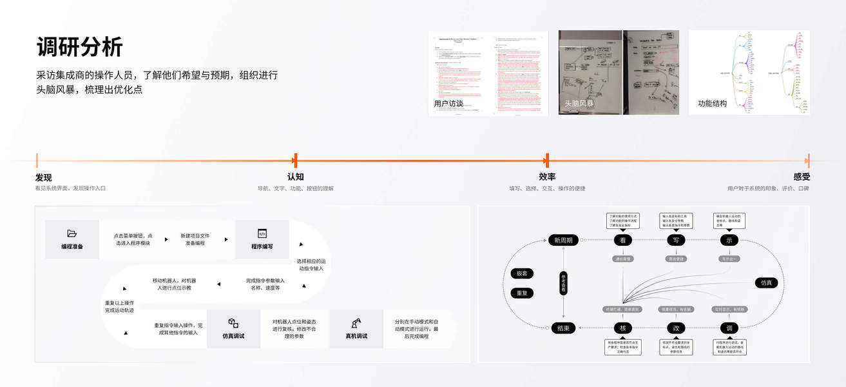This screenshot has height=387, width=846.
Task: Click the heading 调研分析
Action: click(x=80, y=47)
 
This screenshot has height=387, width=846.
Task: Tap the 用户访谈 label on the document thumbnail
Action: click(x=448, y=103)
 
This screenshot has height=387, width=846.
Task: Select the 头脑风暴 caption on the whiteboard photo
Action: click(x=579, y=103)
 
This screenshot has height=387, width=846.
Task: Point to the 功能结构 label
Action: click(x=712, y=103)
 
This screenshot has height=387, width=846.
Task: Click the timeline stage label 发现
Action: click(x=43, y=177)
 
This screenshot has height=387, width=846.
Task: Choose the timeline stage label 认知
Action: click(x=295, y=177)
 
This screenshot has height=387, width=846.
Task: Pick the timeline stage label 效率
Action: click(x=547, y=177)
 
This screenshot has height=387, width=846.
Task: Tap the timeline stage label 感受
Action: click(x=802, y=177)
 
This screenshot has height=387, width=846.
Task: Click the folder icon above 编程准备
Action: click(x=72, y=233)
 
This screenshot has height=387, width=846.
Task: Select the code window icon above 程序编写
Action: click(x=262, y=233)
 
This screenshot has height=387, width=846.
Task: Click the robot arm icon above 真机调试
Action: click(x=356, y=323)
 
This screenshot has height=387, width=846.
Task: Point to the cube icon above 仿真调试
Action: click(x=233, y=323)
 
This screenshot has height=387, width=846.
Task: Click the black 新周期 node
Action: click(x=564, y=240)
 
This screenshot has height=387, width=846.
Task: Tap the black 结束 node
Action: click(x=564, y=328)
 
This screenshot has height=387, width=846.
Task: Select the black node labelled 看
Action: click(x=623, y=240)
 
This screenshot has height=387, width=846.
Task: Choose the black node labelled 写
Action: click(x=676, y=240)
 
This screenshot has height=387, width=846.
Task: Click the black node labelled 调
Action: click(x=729, y=328)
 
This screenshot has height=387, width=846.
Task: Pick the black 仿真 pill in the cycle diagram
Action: click(x=766, y=283)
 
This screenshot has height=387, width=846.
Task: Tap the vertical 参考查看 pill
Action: click(x=563, y=284)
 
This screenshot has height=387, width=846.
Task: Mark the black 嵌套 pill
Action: click(x=522, y=273)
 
